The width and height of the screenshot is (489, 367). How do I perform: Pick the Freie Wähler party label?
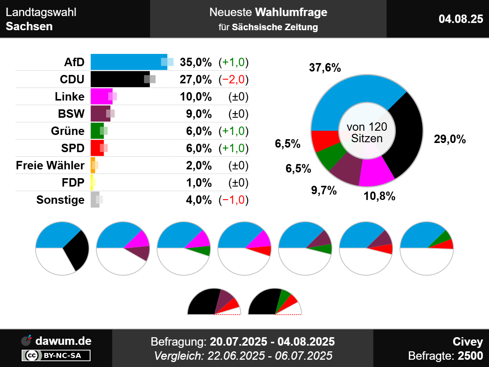(50, 165)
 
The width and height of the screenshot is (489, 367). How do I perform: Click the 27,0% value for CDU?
(196, 79)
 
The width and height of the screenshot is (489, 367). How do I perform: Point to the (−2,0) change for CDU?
(233, 79)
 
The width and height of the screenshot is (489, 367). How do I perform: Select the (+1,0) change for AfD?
(233, 62)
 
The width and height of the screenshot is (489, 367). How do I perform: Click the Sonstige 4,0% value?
(199, 200)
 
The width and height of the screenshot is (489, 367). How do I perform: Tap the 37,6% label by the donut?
(325, 68)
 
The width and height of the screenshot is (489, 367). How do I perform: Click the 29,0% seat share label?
(450, 139)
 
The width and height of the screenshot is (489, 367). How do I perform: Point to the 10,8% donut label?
(379, 196)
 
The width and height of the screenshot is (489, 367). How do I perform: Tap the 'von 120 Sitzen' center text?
(367, 132)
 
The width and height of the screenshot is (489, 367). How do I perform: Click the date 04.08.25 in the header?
(461, 19)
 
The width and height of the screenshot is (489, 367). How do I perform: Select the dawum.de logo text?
(63, 341)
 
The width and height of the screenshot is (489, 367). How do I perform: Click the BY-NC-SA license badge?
(56, 356)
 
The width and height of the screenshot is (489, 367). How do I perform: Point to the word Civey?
(468, 341)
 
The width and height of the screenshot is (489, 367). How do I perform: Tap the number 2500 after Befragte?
(470, 356)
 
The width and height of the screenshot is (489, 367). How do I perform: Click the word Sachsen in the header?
(29, 26)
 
